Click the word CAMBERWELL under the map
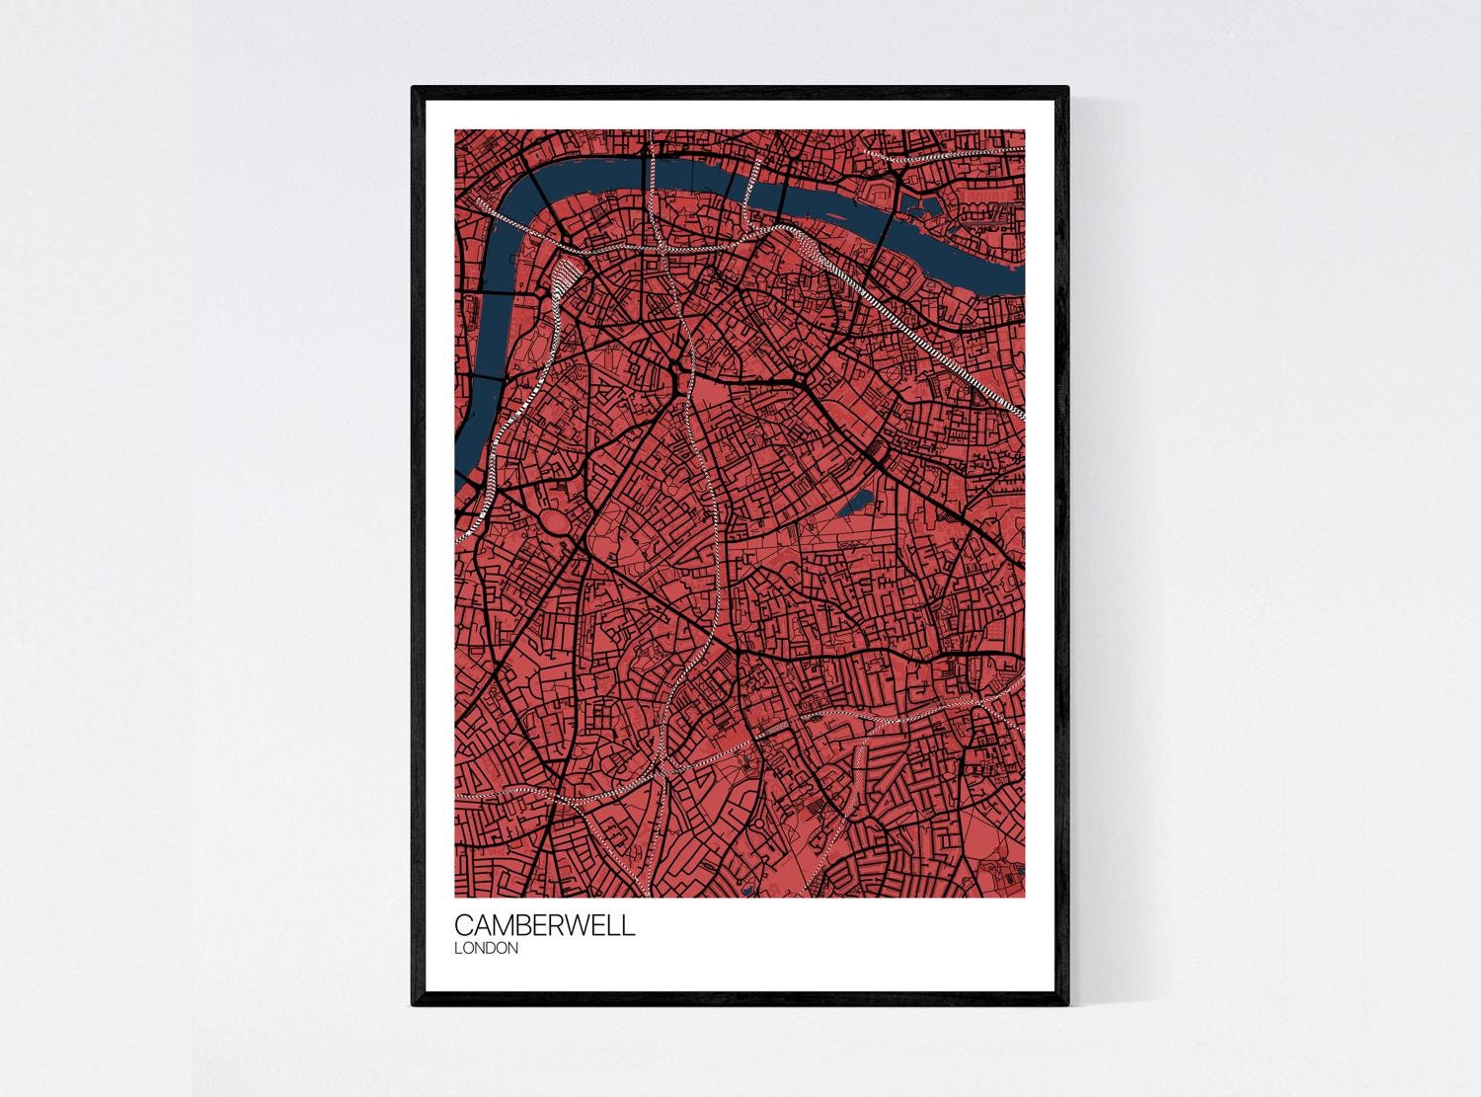pyautogui.click(x=545, y=925)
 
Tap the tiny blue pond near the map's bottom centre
pyautogui.click(x=747, y=892)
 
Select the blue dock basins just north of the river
pyautogui.click(x=924, y=207)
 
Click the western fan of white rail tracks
pyautogui.click(x=566, y=274)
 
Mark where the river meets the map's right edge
pyautogui.click(x=1023, y=276)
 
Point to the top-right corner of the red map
pyautogui.click(x=1024, y=131)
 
